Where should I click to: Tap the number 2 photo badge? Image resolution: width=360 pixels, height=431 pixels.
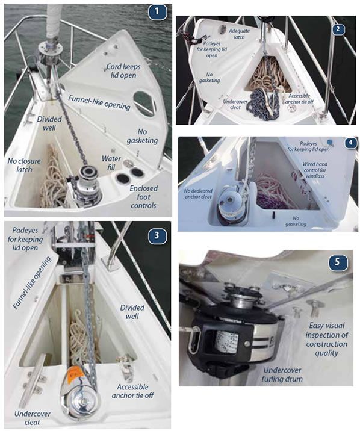coord(339,28)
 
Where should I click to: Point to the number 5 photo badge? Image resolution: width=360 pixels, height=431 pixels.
coord(339,263)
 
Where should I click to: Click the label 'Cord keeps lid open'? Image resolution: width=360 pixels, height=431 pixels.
coord(121,71)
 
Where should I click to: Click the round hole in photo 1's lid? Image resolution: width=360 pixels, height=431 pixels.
coord(143,102)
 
